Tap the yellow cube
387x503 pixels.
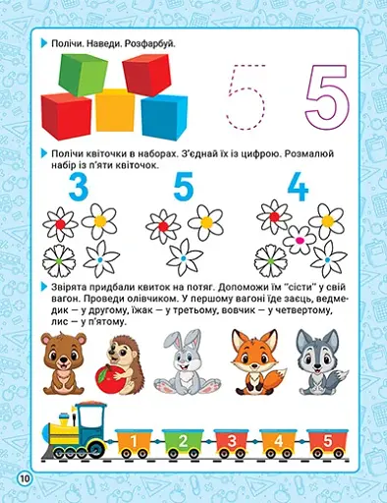(116, 111)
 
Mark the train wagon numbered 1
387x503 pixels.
(134, 439)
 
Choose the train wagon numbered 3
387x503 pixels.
(228, 439)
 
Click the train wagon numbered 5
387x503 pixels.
(325, 439)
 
